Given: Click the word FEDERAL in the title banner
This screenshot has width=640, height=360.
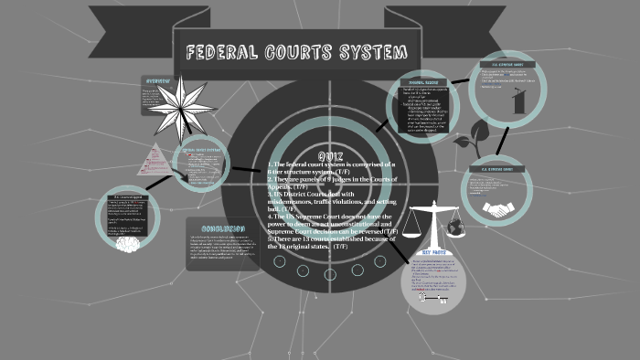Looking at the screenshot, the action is [x=223, y=52].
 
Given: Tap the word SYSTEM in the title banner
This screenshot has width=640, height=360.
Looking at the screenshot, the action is [x=352, y=52].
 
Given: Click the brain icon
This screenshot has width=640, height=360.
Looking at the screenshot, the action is [x=128, y=243].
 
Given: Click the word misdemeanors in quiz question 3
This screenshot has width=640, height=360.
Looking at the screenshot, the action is [x=297, y=203].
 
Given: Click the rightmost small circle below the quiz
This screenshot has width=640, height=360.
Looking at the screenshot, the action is [x=378, y=262].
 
